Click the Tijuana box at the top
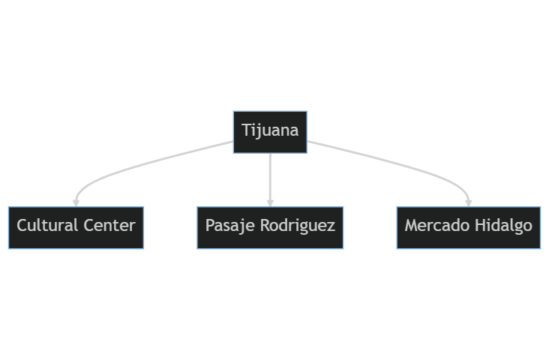[270, 132]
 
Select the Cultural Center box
[76, 228]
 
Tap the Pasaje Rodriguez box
[270, 228]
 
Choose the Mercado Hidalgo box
[469, 228]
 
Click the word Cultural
[47, 225]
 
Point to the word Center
[109, 225]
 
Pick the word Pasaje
[230, 226]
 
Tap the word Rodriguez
[298, 226]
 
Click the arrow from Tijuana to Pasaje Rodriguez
[270, 180]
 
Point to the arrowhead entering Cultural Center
[76, 203]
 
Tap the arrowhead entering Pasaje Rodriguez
[270, 203]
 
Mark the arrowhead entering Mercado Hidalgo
[469, 203]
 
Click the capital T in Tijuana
[247, 130]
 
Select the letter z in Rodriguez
[331, 228]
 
